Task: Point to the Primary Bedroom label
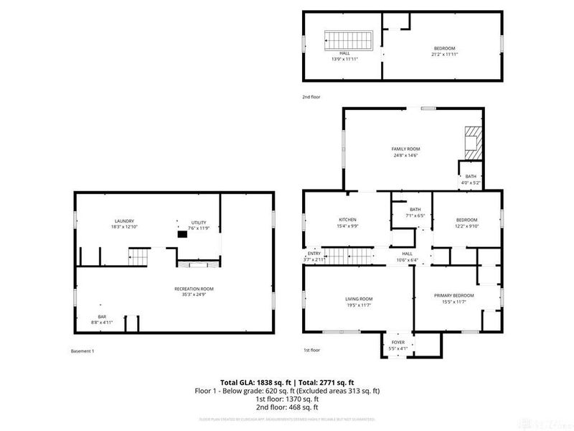(454, 298)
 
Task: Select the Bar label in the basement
(102, 320)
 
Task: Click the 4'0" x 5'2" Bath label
(471, 179)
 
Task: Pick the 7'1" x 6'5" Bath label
(415, 213)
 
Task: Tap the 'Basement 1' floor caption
(83, 351)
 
